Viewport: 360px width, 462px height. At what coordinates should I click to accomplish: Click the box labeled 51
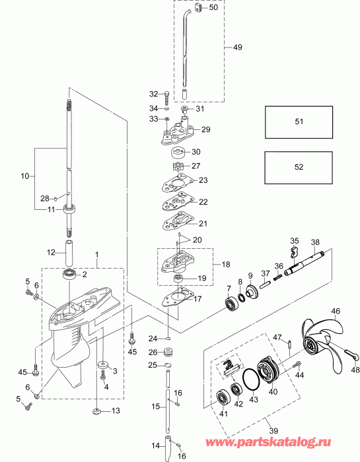coord(299,121)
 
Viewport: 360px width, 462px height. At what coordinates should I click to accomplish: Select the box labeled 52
coord(299,167)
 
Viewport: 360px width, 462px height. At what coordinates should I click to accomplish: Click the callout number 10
coord(26,176)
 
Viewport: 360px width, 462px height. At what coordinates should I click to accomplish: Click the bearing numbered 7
coord(231,304)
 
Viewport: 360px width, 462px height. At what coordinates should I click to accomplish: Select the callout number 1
coord(96,254)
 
